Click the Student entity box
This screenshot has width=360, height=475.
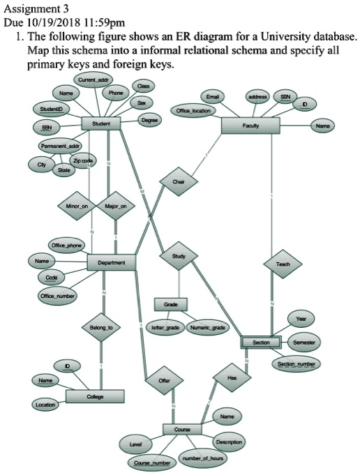pos(101,123)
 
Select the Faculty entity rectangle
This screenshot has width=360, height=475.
pos(250,126)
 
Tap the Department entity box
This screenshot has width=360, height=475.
pos(112,263)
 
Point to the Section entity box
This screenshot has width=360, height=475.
pos(262,342)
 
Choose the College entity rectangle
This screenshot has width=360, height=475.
pos(96,396)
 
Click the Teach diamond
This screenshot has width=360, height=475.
pos(283,264)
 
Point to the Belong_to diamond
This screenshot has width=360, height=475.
pos(101,326)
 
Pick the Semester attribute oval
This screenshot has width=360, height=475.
pos(302,342)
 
